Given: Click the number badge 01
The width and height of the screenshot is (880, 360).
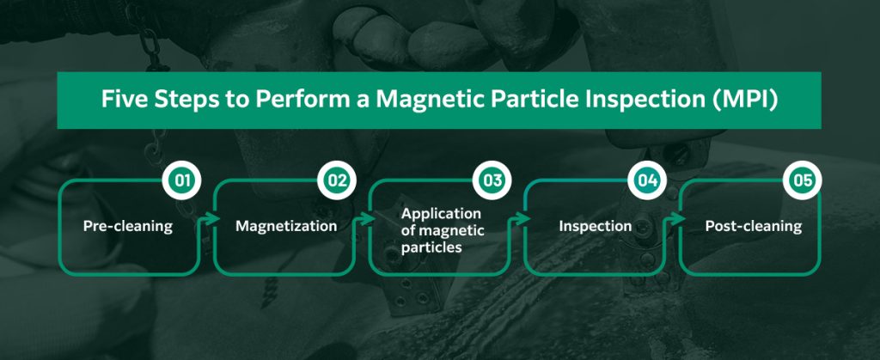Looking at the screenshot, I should (x=182, y=182).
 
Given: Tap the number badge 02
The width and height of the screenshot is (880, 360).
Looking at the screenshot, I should (x=336, y=182).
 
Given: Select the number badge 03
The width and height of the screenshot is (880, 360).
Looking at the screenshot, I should (x=492, y=182).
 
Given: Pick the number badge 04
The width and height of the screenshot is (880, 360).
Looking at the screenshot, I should (x=648, y=182).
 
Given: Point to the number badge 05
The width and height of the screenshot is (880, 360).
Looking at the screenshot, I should (x=803, y=182).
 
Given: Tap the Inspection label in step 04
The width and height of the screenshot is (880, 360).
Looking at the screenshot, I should (x=596, y=227).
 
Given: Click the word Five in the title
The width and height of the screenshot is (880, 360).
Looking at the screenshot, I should (x=121, y=100).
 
